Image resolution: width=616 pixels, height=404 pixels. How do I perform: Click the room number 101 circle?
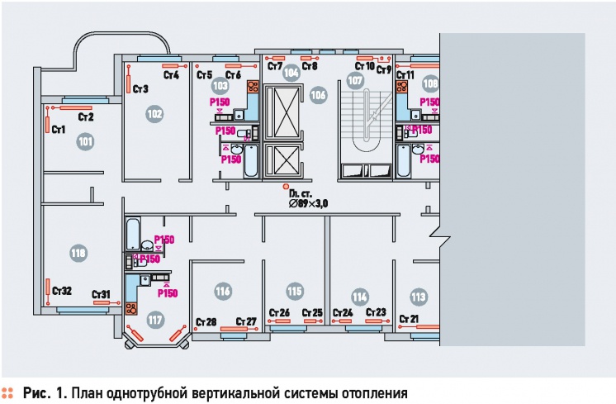85,142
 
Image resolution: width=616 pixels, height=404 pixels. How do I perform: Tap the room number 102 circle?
154,113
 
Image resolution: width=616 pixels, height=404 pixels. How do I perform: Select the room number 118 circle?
78,253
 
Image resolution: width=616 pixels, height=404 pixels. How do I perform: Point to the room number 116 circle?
221,291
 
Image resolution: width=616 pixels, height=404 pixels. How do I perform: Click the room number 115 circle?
294,291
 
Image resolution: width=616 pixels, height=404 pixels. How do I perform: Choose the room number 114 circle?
358,297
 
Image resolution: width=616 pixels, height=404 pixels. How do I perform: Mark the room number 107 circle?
355,81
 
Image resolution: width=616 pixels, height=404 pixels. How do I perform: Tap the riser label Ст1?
58,130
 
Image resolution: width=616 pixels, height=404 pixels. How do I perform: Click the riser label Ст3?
139,88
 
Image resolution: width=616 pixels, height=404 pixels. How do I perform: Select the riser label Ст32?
61,291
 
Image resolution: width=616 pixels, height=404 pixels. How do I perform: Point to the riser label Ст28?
206,321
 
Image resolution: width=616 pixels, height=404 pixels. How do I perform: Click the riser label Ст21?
408,319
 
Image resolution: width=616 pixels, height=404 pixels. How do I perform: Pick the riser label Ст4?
171,76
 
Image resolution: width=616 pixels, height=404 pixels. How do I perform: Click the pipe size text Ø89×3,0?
308,202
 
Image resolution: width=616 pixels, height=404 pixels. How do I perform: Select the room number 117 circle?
154,319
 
